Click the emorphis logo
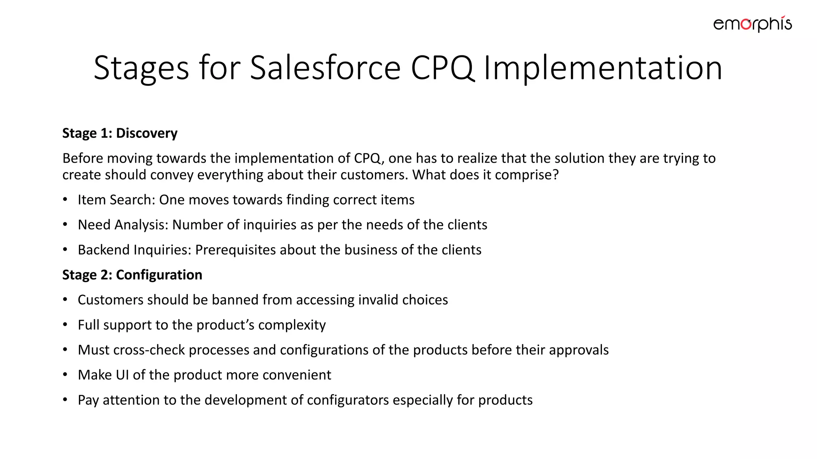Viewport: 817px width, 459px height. [x=752, y=24]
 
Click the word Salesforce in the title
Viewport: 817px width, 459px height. [x=325, y=68]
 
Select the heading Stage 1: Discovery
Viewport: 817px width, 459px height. [x=120, y=133]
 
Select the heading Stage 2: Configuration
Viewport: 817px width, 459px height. [x=132, y=275]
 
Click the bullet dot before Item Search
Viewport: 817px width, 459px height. [x=65, y=199]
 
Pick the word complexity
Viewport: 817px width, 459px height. [x=292, y=325]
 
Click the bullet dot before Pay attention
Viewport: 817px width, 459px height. [x=65, y=400]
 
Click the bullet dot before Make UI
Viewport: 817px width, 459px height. [x=65, y=375]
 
